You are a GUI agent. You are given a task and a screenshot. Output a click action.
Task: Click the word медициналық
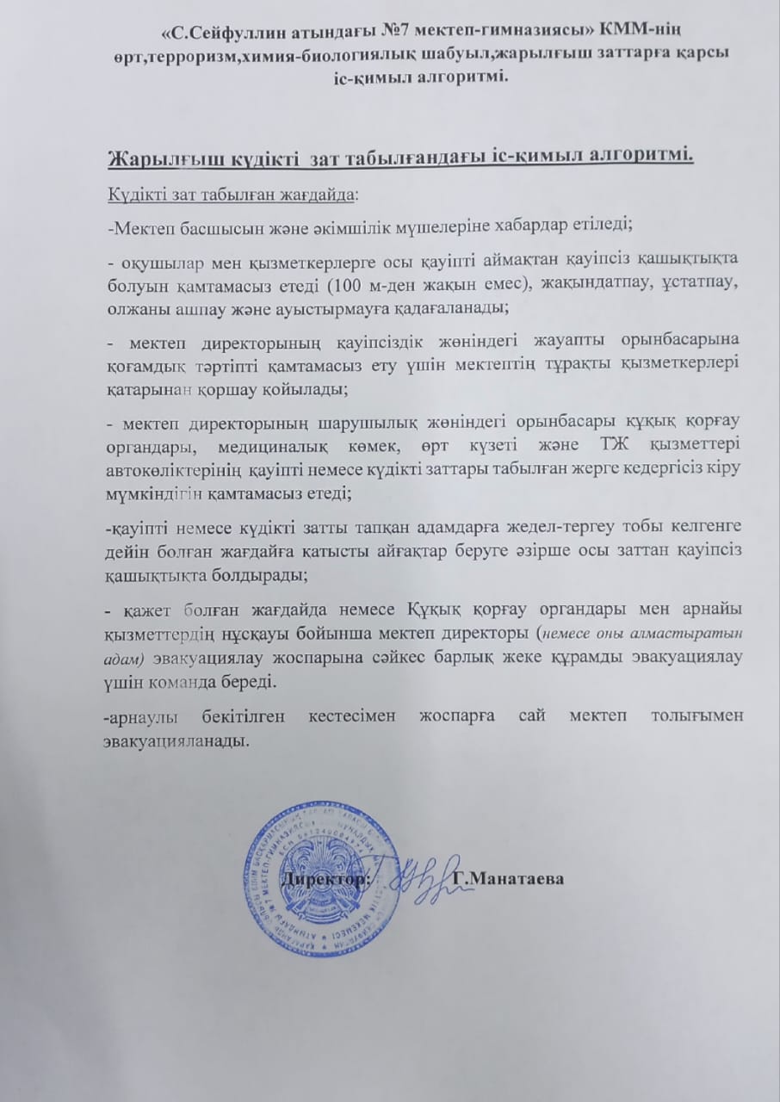coord(256,443)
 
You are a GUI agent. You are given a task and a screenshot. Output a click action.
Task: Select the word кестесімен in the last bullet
coord(350,716)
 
